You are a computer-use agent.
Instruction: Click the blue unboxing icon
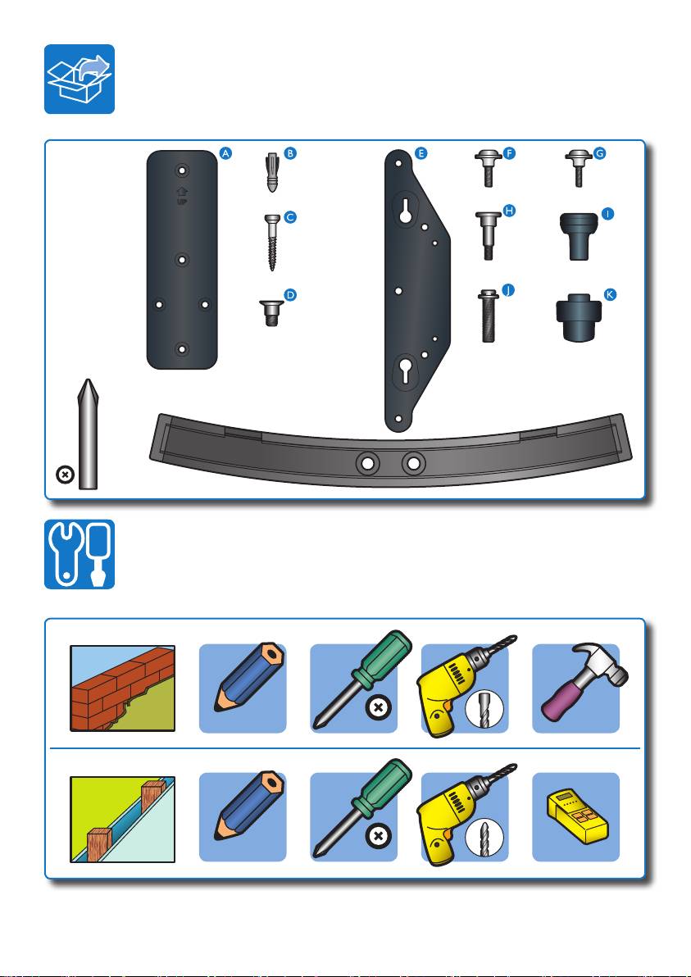pos(80,80)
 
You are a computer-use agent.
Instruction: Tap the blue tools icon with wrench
pos(80,554)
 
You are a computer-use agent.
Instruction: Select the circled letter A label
pos(225,153)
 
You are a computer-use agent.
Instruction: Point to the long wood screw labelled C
pos(271,242)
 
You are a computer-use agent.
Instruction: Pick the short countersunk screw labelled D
pos(271,313)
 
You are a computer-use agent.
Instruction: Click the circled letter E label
pos(421,153)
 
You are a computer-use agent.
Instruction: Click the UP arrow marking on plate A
pos(182,197)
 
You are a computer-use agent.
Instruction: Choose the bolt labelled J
pos(489,316)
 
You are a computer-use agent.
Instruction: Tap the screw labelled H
pos(489,235)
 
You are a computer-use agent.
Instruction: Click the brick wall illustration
pos(122,688)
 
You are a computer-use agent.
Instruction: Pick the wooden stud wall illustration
pos(122,819)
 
